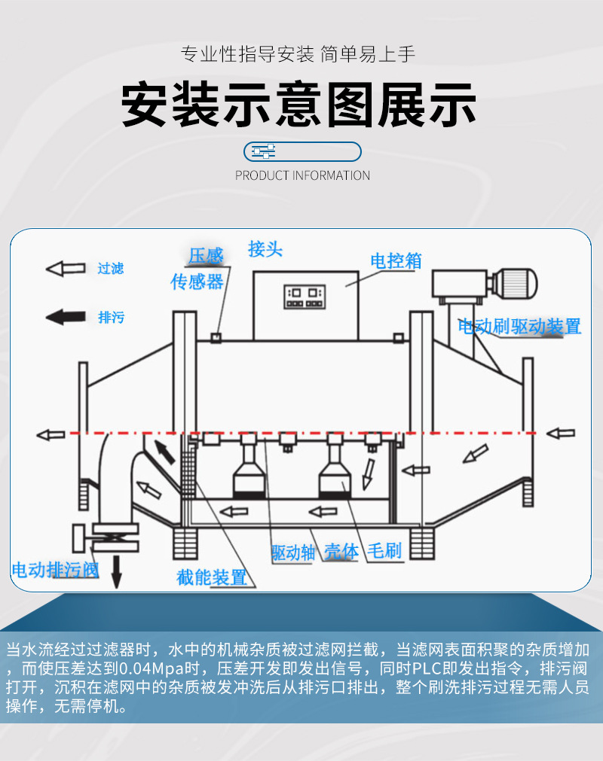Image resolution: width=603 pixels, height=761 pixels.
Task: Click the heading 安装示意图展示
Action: [299, 105]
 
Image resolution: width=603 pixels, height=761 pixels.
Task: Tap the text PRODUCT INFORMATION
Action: [302, 175]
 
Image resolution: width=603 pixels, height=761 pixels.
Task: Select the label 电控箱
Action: [395, 261]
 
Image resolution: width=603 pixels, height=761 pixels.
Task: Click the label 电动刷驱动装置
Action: [520, 327]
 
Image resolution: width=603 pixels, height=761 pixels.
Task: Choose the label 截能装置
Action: [212, 577]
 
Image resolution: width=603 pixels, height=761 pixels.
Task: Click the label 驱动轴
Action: [293, 552]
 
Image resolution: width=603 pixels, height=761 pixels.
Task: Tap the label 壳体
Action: [341, 552]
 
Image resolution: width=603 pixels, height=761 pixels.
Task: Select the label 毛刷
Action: [384, 551]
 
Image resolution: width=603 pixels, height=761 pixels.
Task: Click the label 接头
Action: [265, 249]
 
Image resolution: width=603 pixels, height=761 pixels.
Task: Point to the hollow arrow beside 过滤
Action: [66, 269]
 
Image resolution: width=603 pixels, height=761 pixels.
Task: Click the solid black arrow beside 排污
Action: [66, 317]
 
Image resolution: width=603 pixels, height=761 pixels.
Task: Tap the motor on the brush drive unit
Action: [515, 283]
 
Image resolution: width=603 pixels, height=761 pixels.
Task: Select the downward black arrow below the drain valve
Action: [116, 572]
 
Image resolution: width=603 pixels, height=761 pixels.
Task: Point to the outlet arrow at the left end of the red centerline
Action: [51, 434]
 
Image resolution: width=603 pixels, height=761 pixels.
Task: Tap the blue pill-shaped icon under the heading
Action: [302, 151]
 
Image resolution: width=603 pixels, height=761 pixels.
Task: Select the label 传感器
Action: [197, 282]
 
